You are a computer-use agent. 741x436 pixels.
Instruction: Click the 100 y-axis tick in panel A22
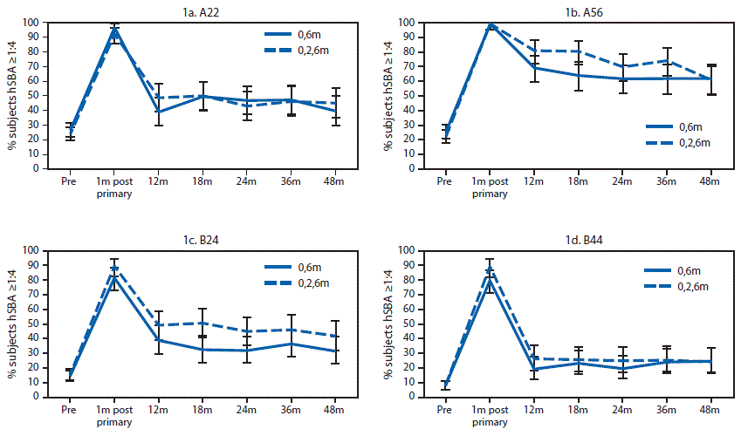30,23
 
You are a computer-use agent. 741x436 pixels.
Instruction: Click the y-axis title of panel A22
12,96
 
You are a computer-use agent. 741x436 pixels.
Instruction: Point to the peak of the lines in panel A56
491,24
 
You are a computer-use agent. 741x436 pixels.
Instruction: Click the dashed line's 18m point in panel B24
203,323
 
